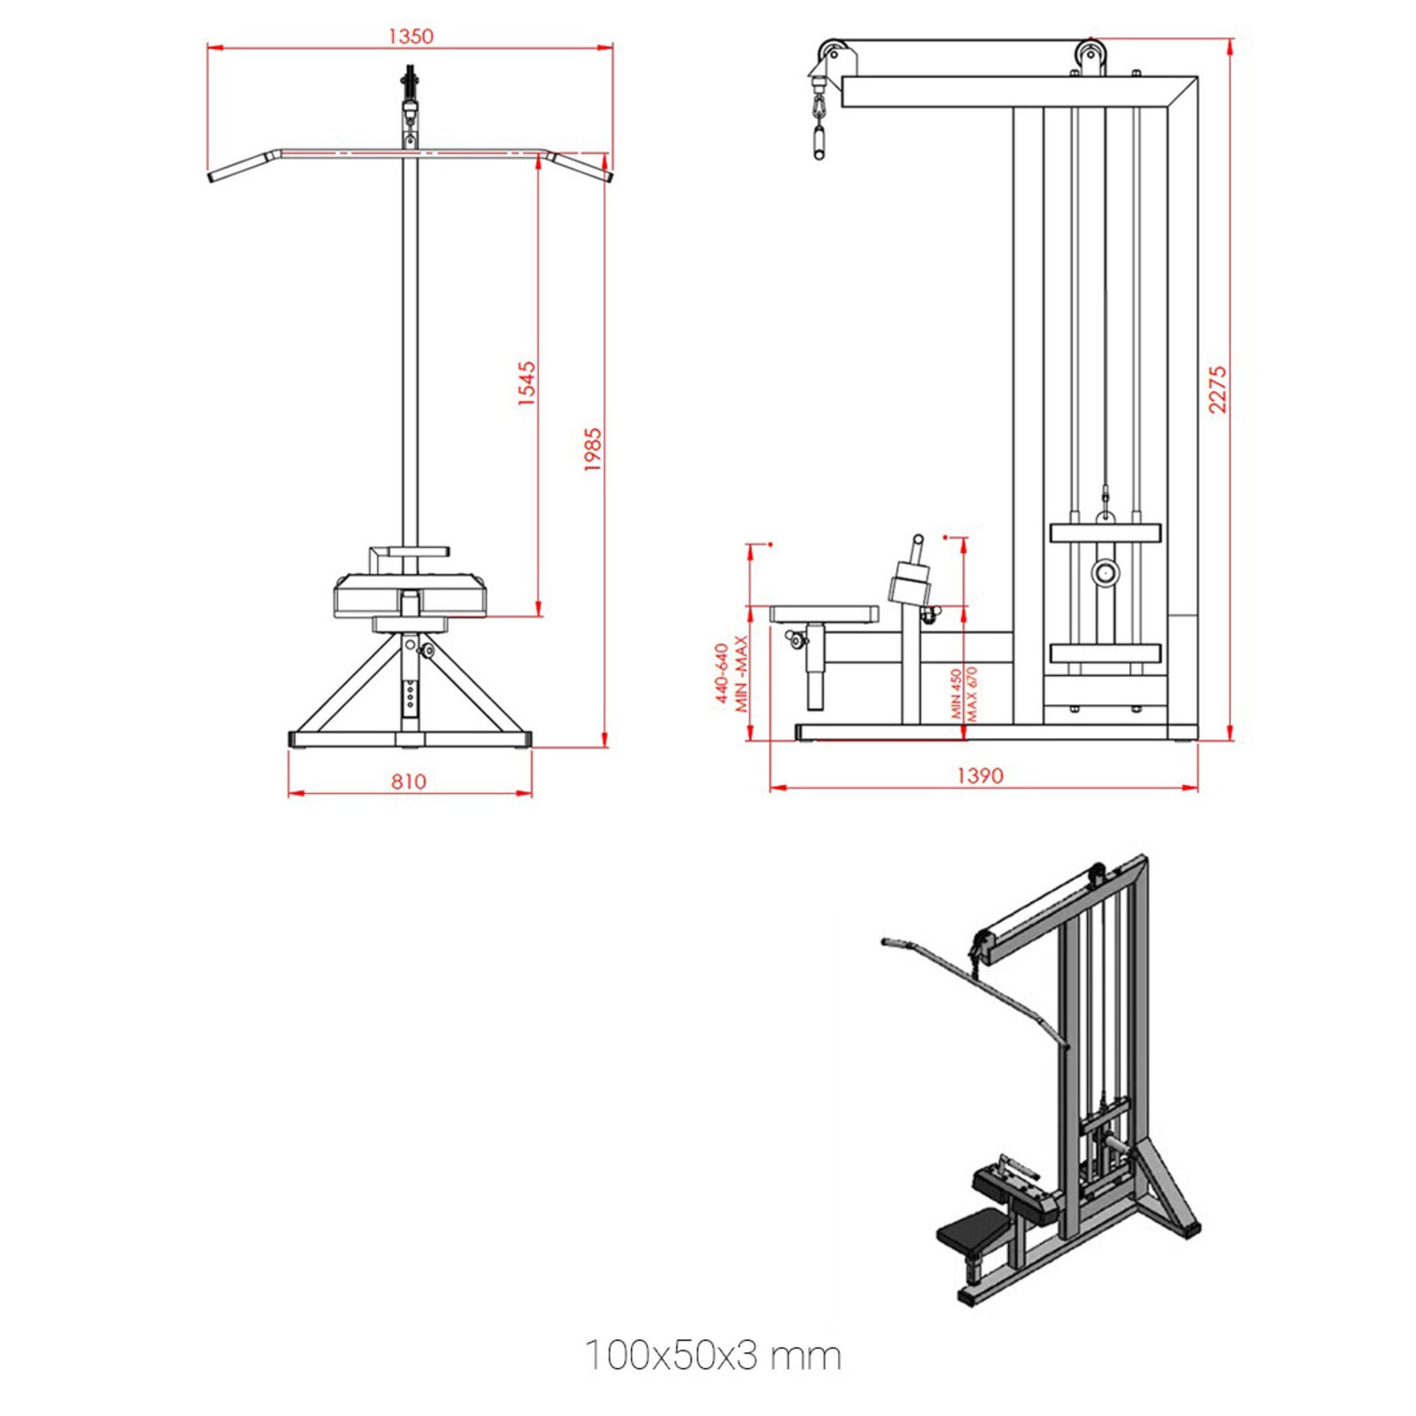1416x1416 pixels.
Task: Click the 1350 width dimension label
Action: (411, 36)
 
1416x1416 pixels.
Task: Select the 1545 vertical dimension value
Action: (527, 382)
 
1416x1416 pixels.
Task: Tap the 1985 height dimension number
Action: (593, 449)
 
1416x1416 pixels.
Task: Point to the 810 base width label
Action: (408, 781)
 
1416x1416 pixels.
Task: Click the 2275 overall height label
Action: (1218, 389)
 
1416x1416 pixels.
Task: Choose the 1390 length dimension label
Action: (980, 775)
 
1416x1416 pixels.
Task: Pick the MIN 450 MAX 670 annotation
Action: (964, 693)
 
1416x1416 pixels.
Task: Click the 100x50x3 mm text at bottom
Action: (712, 1355)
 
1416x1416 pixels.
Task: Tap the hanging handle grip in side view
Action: (820, 142)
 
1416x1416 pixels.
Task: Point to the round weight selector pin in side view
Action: (1104, 573)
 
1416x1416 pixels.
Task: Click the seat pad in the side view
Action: (824, 613)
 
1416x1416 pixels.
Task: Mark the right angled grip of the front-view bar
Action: (581, 166)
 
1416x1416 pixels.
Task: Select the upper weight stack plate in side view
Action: (1104, 533)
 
